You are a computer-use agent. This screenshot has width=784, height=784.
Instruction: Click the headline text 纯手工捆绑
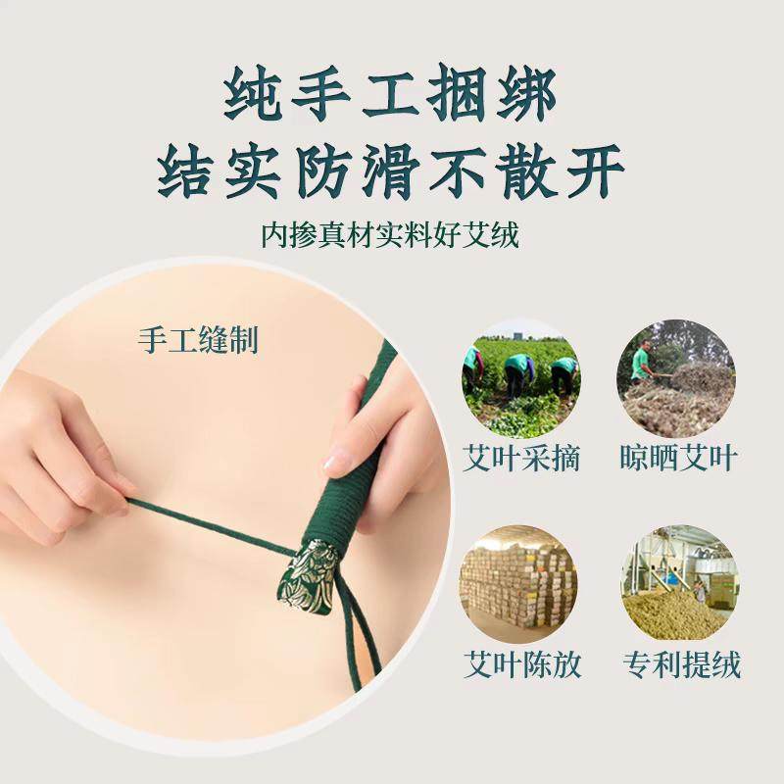coord(391,96)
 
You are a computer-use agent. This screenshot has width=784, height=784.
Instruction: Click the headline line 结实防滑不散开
coord(391,175)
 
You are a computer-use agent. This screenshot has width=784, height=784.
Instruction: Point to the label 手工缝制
coord(198,342)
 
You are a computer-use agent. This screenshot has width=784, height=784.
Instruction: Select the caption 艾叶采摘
coord(520,459)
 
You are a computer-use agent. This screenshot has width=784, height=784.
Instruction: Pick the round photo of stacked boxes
coord(520,585)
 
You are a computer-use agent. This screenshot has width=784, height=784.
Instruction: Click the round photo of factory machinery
coord(676,585)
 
